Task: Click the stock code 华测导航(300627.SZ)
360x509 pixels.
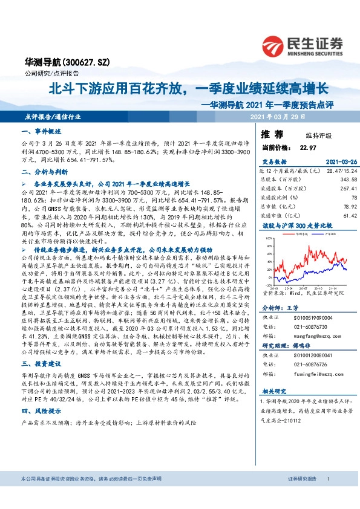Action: (x=59, y=62)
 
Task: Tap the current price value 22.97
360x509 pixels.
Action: (x=308, y=147)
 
